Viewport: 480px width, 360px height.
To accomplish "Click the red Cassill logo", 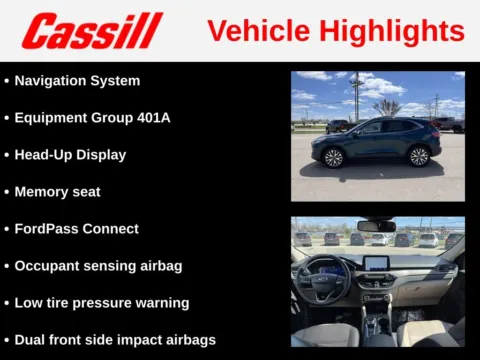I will (x=92, y=31).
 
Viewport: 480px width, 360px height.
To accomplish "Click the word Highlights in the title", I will (x=397, y=31).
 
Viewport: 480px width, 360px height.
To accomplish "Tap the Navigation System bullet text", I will (x=77, y=80).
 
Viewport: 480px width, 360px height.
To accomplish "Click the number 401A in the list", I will (x=151, y=117).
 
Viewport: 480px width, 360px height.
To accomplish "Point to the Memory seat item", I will (x=57, y=191).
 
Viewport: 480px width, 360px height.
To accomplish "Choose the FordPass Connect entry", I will (x=76, y=228).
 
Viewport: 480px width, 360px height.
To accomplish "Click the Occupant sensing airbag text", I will (x=98, y=265).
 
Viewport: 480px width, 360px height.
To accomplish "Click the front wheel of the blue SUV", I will (x=332, y=157).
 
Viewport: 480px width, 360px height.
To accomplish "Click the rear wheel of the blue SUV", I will (x=419, y=156).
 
